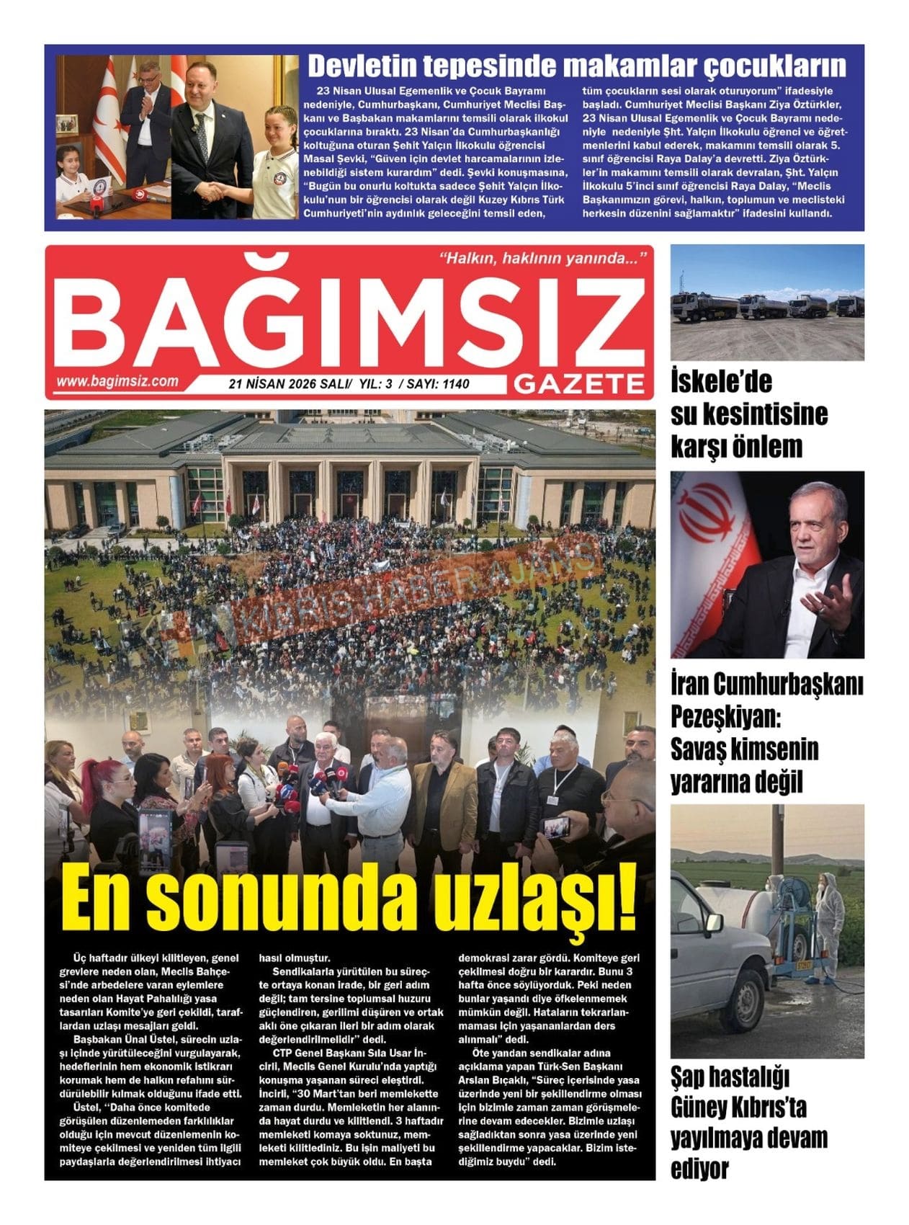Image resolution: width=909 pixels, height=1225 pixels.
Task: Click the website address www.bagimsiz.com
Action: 117,382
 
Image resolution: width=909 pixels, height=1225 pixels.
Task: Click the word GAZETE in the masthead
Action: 580,385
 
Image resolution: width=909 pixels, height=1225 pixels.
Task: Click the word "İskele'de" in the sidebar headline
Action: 711,381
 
